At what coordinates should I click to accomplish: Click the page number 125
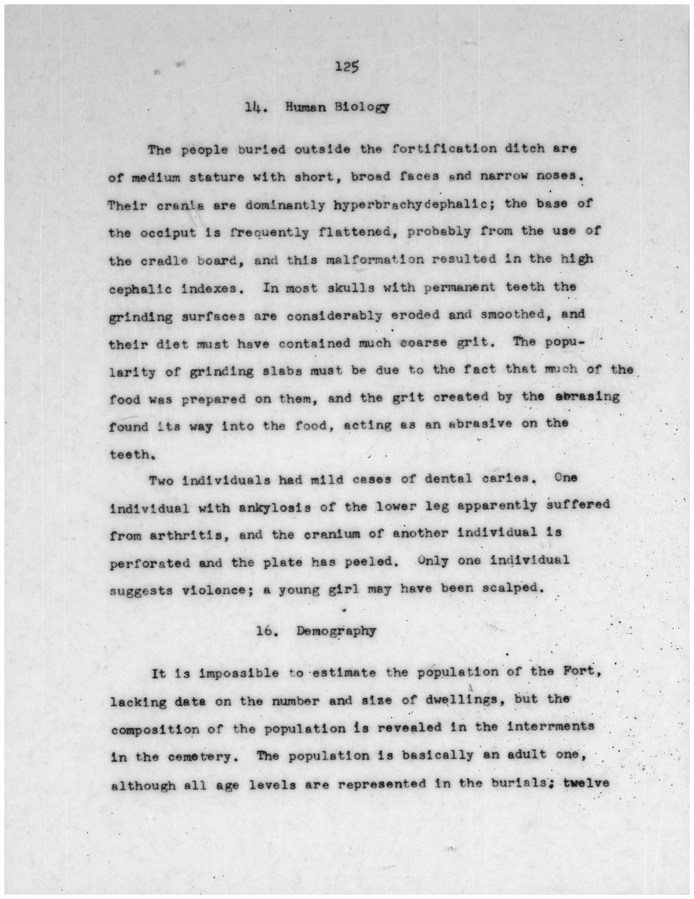coord(347,67)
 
